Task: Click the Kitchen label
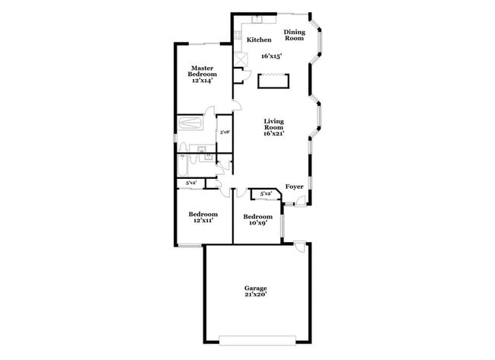[x=259, y=40]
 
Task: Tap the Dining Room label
[x=294, y=35]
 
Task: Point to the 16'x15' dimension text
[x=271, y=56]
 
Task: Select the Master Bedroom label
[x=203, y=71]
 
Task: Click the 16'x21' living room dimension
[x=274, y=134]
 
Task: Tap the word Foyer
[x=294, y=186]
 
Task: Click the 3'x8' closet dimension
[x=225, y=132]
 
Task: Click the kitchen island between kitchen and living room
[x=273, y=80]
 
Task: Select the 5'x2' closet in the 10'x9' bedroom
[x=266, y=195]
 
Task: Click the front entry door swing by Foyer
[x=302, y=200]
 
